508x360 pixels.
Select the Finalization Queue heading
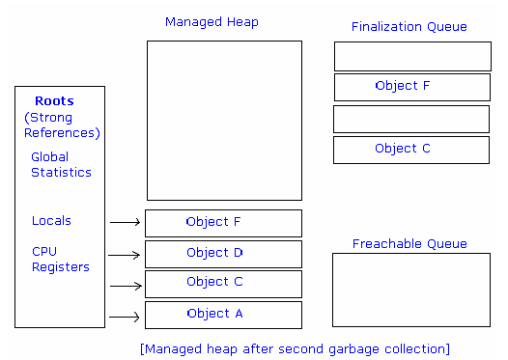pyautogui.click(x=409, y=27)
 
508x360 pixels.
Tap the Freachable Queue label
pyautogui.click(x=409, y=244)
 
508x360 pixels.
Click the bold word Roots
pyautogui.click(x=54, y=100)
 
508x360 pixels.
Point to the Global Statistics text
pyautogui.click(x=61, y=165)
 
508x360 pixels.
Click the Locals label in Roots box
pyautogui.click(x=51, y=221)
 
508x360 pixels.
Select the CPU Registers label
pyautogui.click(x=60, y=260)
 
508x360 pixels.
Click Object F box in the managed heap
pyautogui.click(x=223, y=223)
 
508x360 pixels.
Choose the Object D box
pyautogui.click(x=223, y=254)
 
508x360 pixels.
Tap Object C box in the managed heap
pyautogui.click(x=223, y=283)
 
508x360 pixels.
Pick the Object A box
pyautogui.click(x=223, y=315)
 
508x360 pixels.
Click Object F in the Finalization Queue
pyautogui.click(x=412, y=87)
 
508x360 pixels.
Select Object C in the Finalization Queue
pyautogui.click(x=412, y=150)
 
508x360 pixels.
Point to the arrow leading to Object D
pyautogui.click(x=125, y=256)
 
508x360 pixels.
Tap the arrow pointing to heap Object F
pyautogui.click(x=125, y=223)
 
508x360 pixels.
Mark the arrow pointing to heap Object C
pyautogui.click(x=125, y=287)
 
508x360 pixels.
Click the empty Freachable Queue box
pyautogui.click(x=411, y=290)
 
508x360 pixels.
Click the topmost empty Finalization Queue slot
pyautogui.click(x=412, y=56)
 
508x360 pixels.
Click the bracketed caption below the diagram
pyautogui.click(x=295, y=348)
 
